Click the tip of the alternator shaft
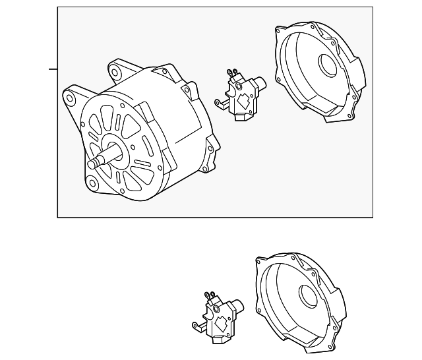90,164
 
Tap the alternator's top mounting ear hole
115,71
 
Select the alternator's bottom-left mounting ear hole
92,183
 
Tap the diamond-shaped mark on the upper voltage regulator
242,102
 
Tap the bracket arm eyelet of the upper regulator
218,102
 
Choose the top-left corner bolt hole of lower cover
258,261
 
